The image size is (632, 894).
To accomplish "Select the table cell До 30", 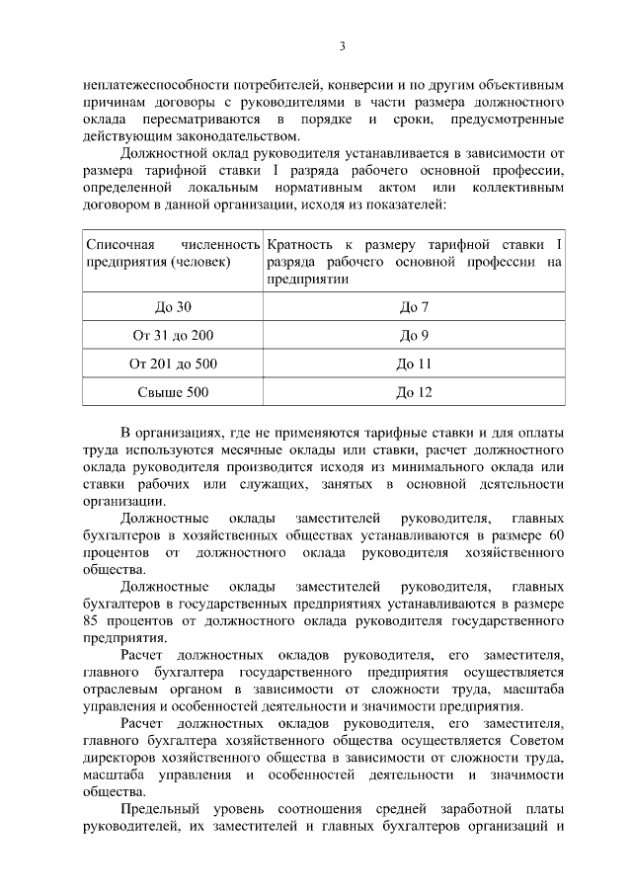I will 173,307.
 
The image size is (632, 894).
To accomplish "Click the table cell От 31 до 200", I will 173,336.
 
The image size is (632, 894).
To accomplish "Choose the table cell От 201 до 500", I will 173,364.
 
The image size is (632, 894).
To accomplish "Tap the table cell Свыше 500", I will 173,392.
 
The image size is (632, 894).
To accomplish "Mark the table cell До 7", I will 414,307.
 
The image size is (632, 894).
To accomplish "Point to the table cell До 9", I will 414,336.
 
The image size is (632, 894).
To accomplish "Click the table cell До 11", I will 414,364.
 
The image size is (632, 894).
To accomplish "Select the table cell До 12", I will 414,392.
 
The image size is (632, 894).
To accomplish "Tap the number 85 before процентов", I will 94,621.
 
